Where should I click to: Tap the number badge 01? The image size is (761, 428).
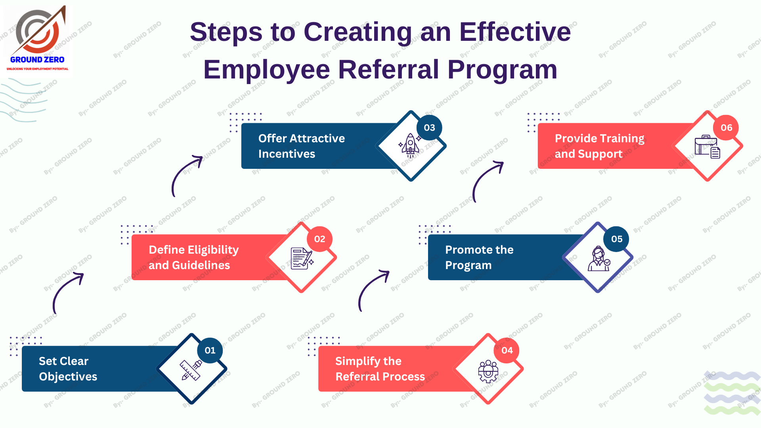point(210,350)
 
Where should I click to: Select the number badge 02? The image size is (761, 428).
point(320,239)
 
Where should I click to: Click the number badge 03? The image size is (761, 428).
point(430,128)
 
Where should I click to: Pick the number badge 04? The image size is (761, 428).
point(507,350)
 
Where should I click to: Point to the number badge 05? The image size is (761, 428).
point(617,239)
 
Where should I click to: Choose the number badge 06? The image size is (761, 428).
point(727,128)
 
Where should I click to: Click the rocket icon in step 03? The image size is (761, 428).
point(410,145)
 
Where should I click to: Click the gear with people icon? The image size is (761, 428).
point(488,371)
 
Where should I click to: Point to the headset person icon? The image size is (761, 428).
point(598,258)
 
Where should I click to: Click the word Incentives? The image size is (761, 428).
point(287,154)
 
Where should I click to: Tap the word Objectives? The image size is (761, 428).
point(68,377)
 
